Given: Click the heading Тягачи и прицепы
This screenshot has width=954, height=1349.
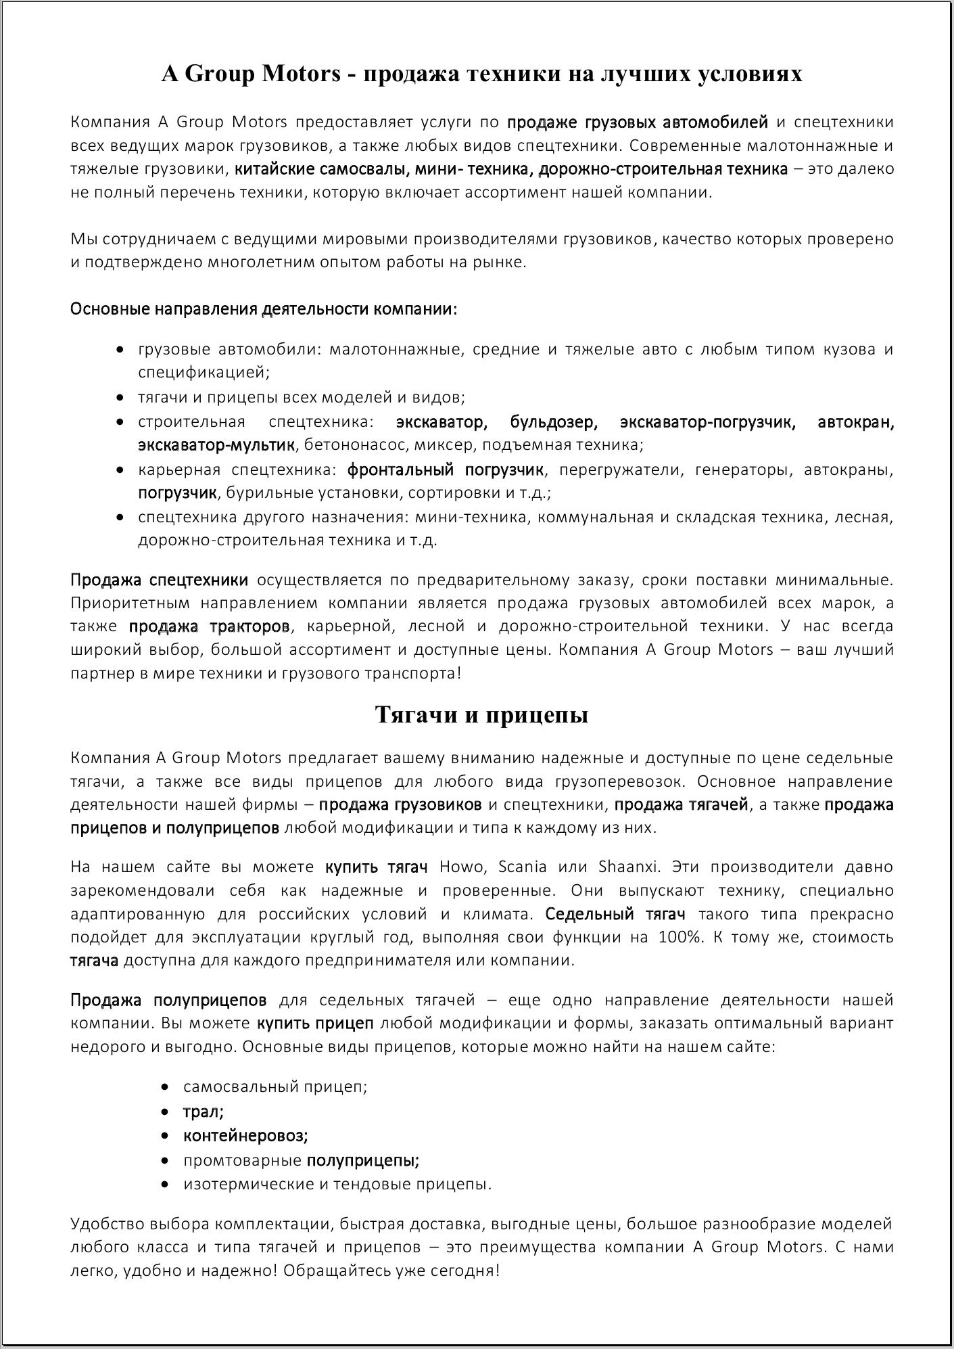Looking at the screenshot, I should pos(481,715).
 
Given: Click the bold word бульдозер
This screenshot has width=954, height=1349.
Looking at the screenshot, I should pos(553,423).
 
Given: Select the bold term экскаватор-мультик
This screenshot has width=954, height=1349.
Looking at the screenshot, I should pos(216,445).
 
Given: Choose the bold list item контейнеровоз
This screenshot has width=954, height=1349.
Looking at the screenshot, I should pos(245,1136).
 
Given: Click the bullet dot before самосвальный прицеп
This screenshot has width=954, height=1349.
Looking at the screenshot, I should pos(166,1088).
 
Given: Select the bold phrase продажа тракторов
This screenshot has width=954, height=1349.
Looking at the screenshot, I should pos(210,626).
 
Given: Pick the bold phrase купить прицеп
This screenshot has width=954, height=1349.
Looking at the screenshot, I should pos(315,1024).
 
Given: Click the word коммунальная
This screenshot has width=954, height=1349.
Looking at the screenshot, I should pos(595,518).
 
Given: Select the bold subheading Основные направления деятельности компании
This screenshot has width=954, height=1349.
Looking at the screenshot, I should pos(264,309).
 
